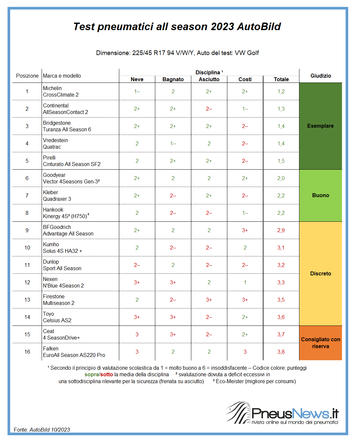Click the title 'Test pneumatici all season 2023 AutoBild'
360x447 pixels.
point(177,27)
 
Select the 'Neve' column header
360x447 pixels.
point(137,79)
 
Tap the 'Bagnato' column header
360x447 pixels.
point(173,79)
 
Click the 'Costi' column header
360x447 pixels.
point(245,79)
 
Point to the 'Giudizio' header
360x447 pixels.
point(321,76)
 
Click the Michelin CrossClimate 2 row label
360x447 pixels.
point(61,91)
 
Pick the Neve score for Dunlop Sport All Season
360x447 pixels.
point(137,265)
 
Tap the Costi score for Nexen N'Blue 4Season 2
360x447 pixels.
point(245,282)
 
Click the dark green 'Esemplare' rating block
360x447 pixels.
point(320,126)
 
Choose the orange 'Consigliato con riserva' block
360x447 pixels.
point(320,343)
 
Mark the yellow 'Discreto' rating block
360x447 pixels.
point(320,273)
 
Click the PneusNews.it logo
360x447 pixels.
point(282,413)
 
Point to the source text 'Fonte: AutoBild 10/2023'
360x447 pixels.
point(42,430)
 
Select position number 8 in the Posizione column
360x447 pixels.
point(27,213)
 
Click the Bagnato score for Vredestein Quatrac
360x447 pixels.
point(173,143)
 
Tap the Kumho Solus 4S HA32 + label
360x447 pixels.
point(63,248)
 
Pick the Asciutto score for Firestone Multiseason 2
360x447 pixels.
point(209,300)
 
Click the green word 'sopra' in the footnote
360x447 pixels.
point(92,375)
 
